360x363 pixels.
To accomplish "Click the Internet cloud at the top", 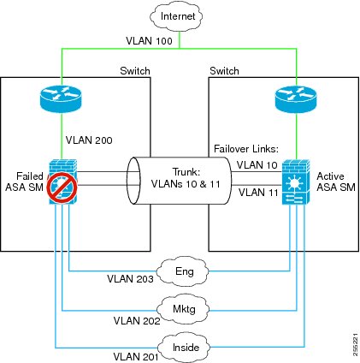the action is click(x=176, y=16).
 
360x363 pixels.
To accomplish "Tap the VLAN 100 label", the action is click(x=149, y=41).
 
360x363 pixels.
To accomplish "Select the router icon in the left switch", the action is click(x=61, y=98).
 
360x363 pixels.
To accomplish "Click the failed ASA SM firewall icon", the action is click(x=62, y=181).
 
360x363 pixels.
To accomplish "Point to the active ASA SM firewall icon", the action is click(x=296, y=181).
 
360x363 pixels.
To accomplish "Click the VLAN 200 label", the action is click(x=89, y=140).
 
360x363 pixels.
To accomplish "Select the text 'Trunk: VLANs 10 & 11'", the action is click(x=186, y=178).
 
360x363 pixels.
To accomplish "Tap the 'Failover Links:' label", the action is click(x=246, y=149).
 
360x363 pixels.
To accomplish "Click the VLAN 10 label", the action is click(x=257, y=164).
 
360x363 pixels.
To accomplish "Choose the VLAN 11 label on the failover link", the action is click(x=258, y=192).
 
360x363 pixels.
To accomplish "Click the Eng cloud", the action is click(x=183, y=271).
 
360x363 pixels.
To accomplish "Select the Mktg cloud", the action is click(x=183, y=309).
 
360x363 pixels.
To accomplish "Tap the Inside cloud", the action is click(x=185, y=347).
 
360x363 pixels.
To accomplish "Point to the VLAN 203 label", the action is click(x=130, y=278).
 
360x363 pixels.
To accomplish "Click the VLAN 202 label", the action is click(x=137, y=320).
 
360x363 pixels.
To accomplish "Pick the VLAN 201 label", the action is click(x=136, y=356).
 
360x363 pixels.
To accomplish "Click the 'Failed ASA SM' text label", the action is click(x=25, y=181).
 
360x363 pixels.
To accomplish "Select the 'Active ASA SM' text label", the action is click(x=336, y=181).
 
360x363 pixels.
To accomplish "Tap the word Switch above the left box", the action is click(x=135, y=71).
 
